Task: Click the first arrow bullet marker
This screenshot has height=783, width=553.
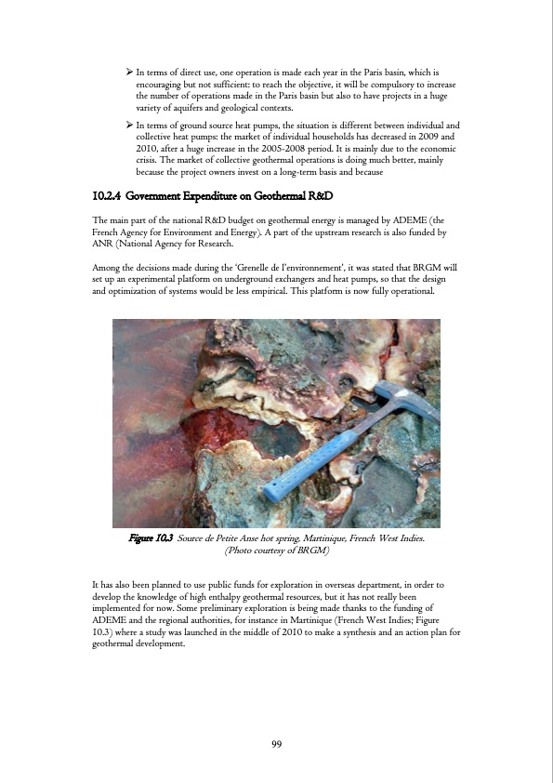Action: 129,73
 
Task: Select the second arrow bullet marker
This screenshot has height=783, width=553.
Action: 129,124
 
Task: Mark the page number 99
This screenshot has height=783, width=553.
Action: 276,744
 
